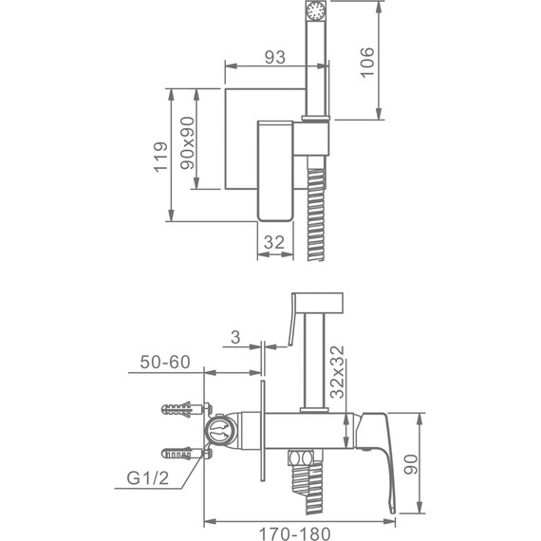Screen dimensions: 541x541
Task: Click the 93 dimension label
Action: click(x=274, y=56)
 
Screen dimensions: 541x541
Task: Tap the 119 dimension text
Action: click(x=161, y=157)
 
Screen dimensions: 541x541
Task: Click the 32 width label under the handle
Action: click(x=274, y=242)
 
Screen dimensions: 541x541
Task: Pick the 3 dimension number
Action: click(x=233, y=336)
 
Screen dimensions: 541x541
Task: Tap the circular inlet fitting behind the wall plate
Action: click(x=221, y=435)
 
